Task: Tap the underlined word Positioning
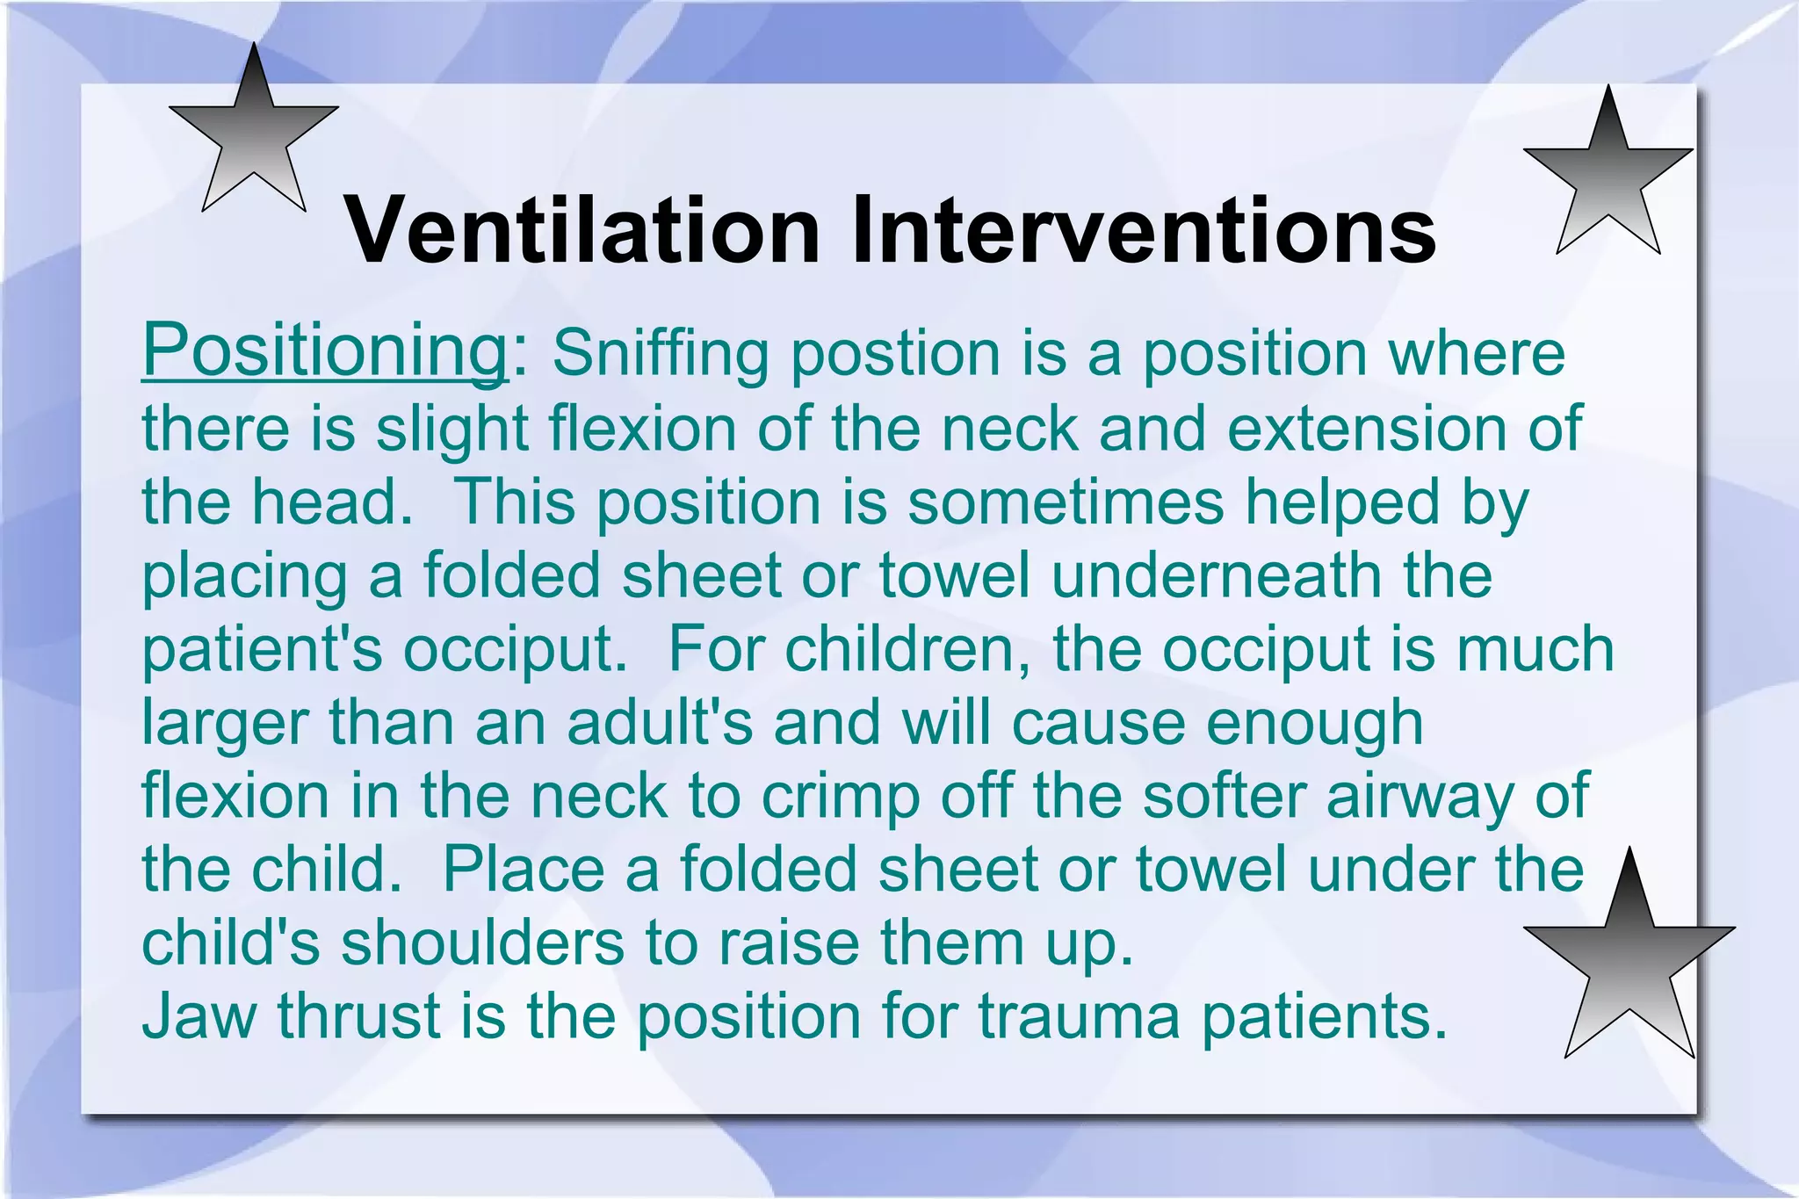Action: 324,351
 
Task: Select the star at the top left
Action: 253,132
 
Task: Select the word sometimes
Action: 1065,502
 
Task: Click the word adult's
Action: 659,723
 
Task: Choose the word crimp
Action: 841,797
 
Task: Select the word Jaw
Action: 199,1017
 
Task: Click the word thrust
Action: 358,1017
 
